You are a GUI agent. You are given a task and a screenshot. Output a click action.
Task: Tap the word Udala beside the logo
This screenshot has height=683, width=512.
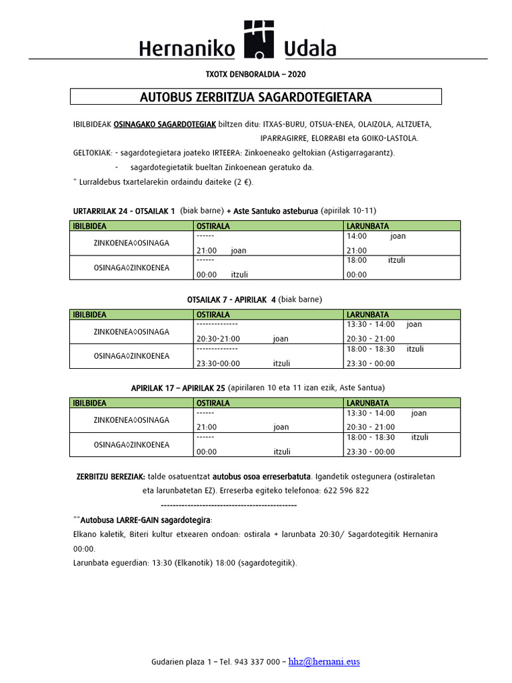pyautogui.click(x=310, y=47)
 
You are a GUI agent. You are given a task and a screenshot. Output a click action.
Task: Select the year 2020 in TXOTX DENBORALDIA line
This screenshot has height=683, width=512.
pyautogui.click(x=297, y=73)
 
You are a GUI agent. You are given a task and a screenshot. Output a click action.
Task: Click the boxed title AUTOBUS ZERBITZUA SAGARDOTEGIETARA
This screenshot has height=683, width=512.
pyautogui.click(x=256, y=97)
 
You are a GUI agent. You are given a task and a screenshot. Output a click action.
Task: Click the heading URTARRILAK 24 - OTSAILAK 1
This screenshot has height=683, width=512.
pyautogui.click(x=124, y=211)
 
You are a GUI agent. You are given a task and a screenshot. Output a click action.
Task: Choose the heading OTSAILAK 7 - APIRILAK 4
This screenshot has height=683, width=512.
pyautogui.click(x=227, y=299)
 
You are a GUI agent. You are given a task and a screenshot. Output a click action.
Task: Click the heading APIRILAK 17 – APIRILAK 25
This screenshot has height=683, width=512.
pyautogui.click(x=178, y=388)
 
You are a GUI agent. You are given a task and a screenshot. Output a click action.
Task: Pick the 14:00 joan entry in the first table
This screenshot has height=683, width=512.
pyautogui.click(x=376, y=236)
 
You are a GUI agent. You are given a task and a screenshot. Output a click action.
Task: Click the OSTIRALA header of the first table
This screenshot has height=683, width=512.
pyautogui.click(x=212, y=226)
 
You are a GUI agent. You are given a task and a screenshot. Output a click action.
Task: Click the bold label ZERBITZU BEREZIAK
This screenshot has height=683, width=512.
pyautogui.click(x=111, y=477)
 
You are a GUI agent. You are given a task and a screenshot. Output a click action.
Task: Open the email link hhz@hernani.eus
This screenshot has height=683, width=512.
pyautogui.click(x=324, y=662)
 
